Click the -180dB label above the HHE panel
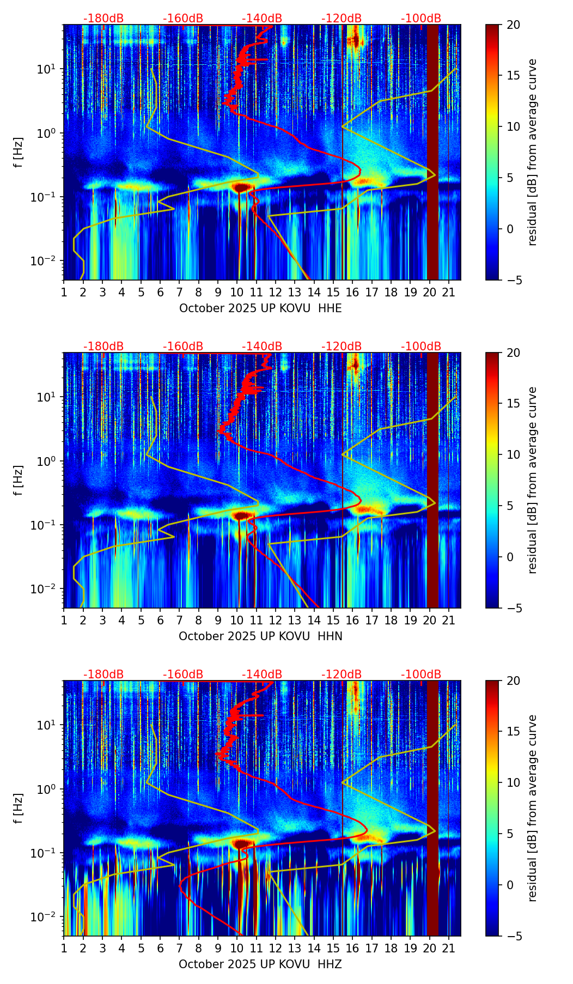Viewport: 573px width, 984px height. pyautogui.click(x=103, y=19)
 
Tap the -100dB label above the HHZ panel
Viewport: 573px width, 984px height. pyautogui.click(x=421, y=675)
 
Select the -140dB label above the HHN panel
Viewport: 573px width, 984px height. pyautogui.click(x=262, y=347)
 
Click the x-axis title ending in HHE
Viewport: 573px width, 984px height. pyautogui.click(x=260, y=308)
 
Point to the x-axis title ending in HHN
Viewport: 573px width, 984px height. pyautogui.click(x=260, y=636)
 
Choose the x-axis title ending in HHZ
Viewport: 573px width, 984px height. pyautogui.click(x=260, y=964)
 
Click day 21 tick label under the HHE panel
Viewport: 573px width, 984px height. pyautogui.click(x=448, y=293)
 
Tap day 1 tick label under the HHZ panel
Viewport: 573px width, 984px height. pyautogui.click(x=64, y=949)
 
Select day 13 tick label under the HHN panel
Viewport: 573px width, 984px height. pyautogui.click(x=295, y=621)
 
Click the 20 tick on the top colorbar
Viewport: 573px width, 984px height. pyautogui.click(x=514, y=25)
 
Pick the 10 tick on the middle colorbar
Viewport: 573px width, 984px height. pyautogui.click(x=514, y=454)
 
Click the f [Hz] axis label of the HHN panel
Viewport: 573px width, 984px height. pyautogui.click(x=19, y=480)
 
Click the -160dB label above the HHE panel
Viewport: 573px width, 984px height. pyautogui.click(x=183, y=19)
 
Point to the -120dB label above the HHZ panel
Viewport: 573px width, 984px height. pyautogui.click(x=342, y=675)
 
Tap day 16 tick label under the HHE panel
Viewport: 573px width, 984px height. pyautogui.click(x=352, y=293)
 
